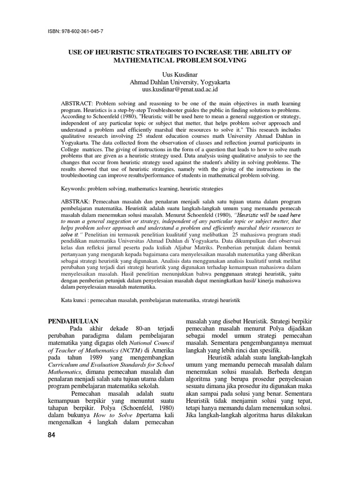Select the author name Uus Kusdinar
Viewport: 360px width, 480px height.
coord(180,75)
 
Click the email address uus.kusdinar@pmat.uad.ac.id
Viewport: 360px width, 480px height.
coord(180,89)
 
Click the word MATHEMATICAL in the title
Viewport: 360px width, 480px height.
coord(150,60)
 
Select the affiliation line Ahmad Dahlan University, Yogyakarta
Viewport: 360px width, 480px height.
coord(180,82)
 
